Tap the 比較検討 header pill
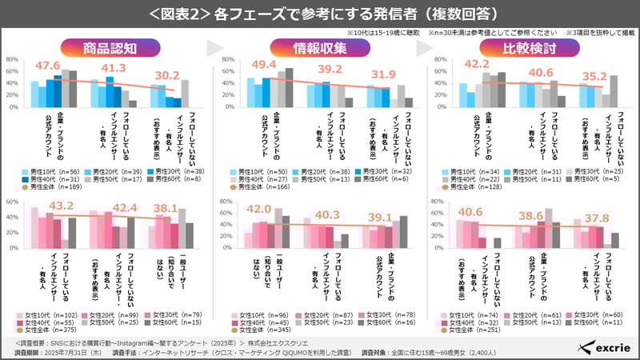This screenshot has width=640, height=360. click(x=530, y=48)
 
